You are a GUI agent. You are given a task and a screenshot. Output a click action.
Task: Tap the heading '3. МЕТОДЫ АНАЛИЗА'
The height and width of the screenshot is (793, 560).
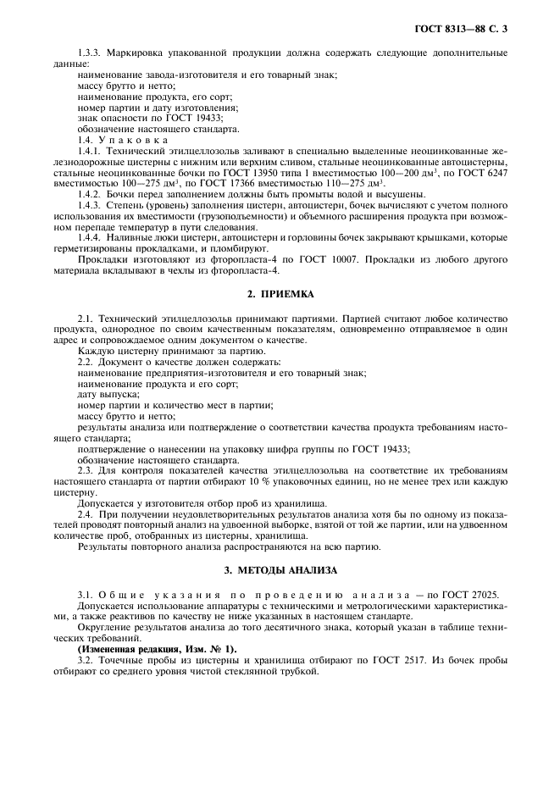click(x=279, y=570)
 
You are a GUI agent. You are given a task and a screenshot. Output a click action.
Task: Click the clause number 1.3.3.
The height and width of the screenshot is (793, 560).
click(x=91, y=53)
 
